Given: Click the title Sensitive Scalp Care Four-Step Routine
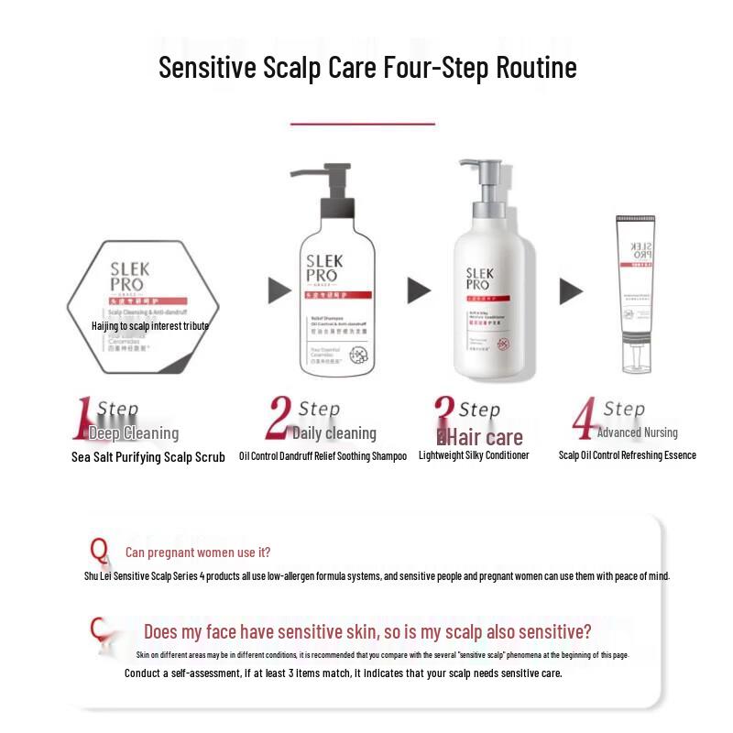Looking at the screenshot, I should click(x=367, y=68).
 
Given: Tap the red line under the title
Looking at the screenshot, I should click(x=363, y=123).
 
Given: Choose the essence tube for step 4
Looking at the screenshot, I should click(x=636, y=293).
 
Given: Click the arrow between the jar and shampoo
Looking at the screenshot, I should click(x=279, y=290).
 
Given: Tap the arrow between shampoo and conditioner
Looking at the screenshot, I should click(x=419, y=290).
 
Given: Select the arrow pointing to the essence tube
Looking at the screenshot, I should click(x=571, y=291).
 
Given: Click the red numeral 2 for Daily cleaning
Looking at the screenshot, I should click(x=279, y=421).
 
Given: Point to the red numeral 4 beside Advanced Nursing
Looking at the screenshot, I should click(x=584, y=421).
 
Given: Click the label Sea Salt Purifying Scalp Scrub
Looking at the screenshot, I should click(x=148, y=457).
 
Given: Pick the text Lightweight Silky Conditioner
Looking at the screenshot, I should click(x=474, y=455).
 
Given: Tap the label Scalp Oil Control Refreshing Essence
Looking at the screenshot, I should click(x=628, y=455).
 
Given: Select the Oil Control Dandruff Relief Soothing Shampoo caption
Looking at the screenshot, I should click(x=323, y=456).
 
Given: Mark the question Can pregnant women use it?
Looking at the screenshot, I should click(x=198, y=552).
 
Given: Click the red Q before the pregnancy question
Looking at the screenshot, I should click(x=99, y=551).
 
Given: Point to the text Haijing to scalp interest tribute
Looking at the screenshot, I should click(x=150, y=326).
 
